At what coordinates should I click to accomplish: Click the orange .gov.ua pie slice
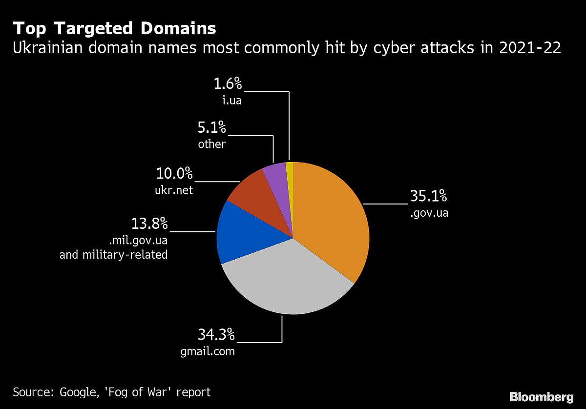(332, 220)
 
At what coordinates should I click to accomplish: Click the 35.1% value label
(428, 196)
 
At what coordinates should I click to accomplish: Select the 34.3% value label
(216, 335)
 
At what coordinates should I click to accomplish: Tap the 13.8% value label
(149, 224)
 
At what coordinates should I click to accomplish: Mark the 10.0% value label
(174, 173)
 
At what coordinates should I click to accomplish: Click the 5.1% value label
(212, 128)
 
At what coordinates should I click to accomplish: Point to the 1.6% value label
(228, 84)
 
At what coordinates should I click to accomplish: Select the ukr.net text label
(174, 190)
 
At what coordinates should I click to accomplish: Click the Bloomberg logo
(541, 396)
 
